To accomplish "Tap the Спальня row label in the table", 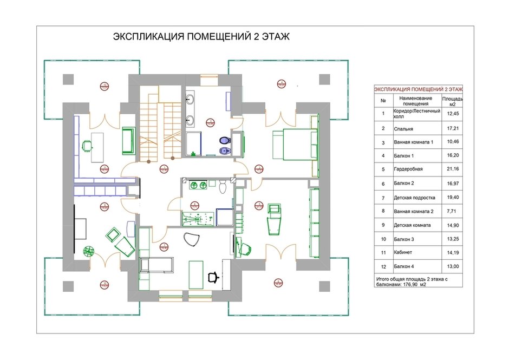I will coord(404,129).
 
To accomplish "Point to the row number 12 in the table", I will coord(383,266).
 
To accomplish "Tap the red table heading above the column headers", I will coord(419,89).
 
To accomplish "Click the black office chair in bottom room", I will coord(214,276).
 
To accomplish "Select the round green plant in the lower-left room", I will coord(88,250).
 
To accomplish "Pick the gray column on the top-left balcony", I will coord(68,80).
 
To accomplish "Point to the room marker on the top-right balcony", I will coord(280,83).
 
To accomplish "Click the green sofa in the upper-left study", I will coord(128,140).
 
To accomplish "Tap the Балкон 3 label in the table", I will coord(405,238).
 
